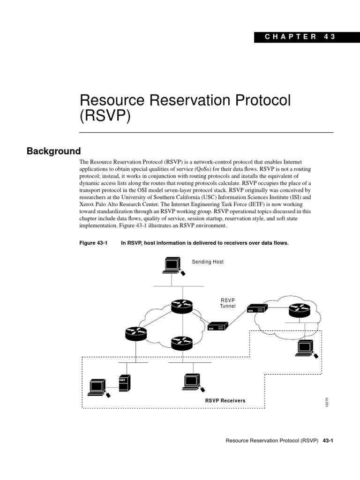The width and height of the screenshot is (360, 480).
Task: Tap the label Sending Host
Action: pos(208,262)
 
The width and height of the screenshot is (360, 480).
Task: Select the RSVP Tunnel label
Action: pos(227,303)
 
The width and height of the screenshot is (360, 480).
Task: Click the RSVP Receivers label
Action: pos(225,401)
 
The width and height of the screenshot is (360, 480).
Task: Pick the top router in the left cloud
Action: pos(181,307)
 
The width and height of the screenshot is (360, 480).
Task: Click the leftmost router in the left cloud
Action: pos(136,333)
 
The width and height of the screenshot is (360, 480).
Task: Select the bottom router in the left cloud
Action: pos(181,343)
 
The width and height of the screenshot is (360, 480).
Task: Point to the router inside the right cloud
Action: pos(299,309)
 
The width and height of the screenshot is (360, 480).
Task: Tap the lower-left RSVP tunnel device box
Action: pos(217,326)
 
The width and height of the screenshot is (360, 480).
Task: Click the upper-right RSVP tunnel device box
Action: pos(257,308)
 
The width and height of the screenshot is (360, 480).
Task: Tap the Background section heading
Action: pos(54,151)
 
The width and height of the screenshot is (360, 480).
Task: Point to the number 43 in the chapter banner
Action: pos(330,37)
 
